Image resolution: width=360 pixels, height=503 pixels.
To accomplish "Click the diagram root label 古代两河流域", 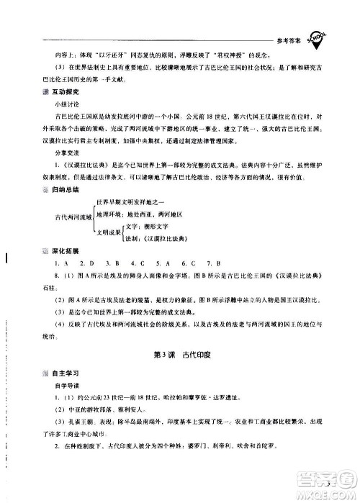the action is click(x=73, y=235).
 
